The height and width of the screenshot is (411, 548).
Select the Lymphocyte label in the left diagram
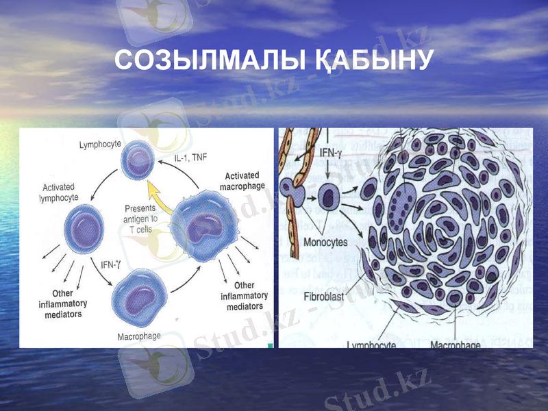coord(100,145)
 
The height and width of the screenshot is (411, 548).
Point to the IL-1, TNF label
coord(190,158)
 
